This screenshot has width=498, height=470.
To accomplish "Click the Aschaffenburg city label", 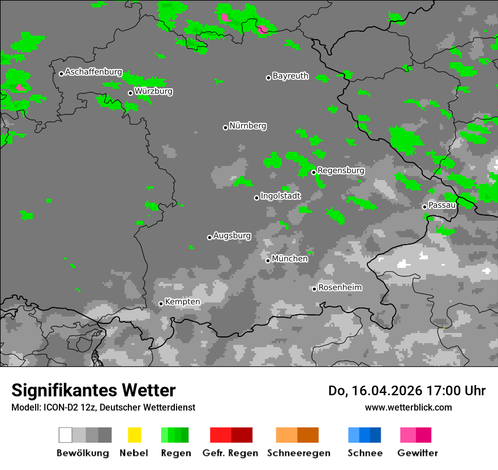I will coord(93,72).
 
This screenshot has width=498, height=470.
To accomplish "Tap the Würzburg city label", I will coord(153,91).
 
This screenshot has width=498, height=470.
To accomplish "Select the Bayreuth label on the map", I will coord(290,76).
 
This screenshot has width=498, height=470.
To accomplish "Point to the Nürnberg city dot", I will coord(225,127).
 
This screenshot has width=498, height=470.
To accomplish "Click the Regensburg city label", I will coord(341,170).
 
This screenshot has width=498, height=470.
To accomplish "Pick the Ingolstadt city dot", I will coord(256,198).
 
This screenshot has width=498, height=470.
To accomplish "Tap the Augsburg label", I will coord(232,236).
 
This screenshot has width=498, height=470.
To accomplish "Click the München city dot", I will coord(268,260).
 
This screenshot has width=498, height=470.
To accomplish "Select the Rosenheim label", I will coord(340,288).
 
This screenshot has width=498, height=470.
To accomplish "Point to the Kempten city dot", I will coord(161,304).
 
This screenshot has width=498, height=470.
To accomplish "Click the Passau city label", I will coord(443,205).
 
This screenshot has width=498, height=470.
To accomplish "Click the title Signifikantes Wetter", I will coord(93,390).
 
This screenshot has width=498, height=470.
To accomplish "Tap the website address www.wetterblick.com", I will coord(409,407).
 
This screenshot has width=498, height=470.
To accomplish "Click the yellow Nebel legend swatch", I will coord(134,435).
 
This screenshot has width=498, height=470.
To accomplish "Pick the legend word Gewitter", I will coord(418,453).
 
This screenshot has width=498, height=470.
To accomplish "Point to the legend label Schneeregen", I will coord(298,453).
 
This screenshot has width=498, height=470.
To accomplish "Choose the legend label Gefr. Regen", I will coord(230,453).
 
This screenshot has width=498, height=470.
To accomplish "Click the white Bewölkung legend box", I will coord(66,435).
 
